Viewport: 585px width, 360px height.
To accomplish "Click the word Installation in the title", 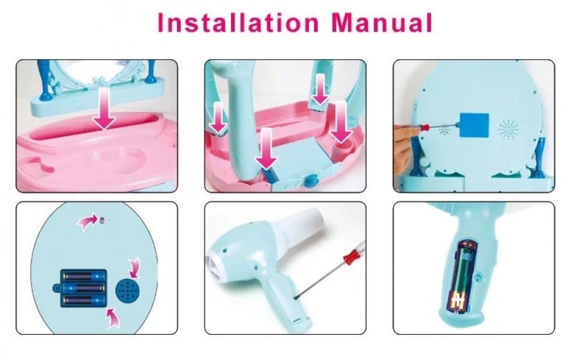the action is coord(238,23).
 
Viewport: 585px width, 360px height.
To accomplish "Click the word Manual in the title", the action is coord(381,23).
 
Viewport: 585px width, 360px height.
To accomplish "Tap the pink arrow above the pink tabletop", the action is coord(104,108).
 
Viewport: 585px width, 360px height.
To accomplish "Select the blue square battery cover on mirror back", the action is coord(474,125).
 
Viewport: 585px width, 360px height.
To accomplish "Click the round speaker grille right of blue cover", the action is coord(508,129).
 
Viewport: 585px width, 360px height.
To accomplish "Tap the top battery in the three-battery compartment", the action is coord(84,277).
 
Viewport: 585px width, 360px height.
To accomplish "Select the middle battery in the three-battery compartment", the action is coord(84,289).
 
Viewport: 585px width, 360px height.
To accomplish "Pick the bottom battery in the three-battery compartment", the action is coord(84,300).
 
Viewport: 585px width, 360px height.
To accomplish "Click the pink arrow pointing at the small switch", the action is coord(87,222).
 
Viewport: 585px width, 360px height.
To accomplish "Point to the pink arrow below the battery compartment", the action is coord(112,318).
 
